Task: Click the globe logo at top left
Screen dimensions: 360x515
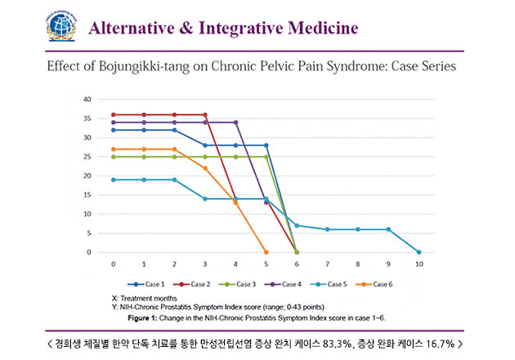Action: tap(61, 26)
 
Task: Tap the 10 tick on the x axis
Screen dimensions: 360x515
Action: tap(419, 264)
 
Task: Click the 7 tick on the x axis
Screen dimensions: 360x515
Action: tap(327, 264)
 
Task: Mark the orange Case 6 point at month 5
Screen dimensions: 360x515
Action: tap(266, 252)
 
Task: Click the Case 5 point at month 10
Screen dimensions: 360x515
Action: tap(419, 252)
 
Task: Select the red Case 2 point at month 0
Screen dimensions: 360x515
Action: tap(114, 115)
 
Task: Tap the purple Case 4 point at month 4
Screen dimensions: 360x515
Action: tap(235, 122)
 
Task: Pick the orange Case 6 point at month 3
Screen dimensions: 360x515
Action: tap(205, 168)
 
